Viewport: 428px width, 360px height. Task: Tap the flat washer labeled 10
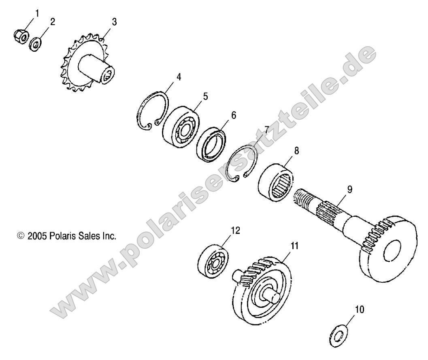click(x=339, y=335)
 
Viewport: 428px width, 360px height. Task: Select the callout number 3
click(x=115, y=22)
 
